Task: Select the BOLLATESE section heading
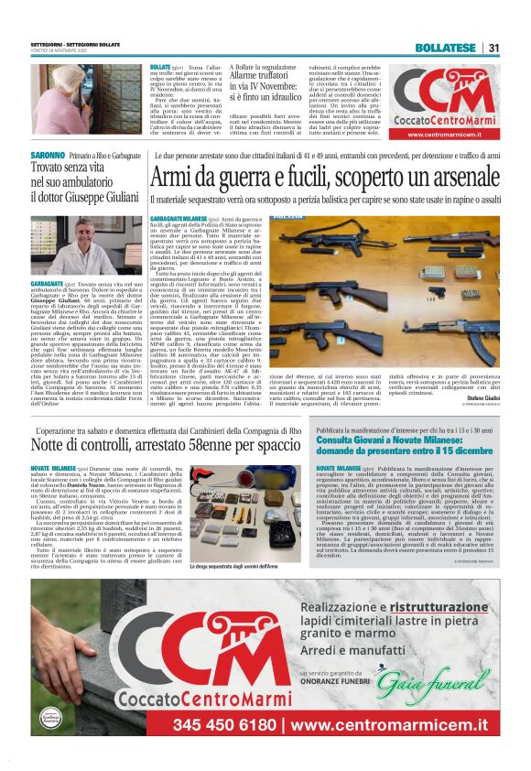(445, 48)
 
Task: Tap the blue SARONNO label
(48, 156)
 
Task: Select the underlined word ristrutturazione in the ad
(438, 607)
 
